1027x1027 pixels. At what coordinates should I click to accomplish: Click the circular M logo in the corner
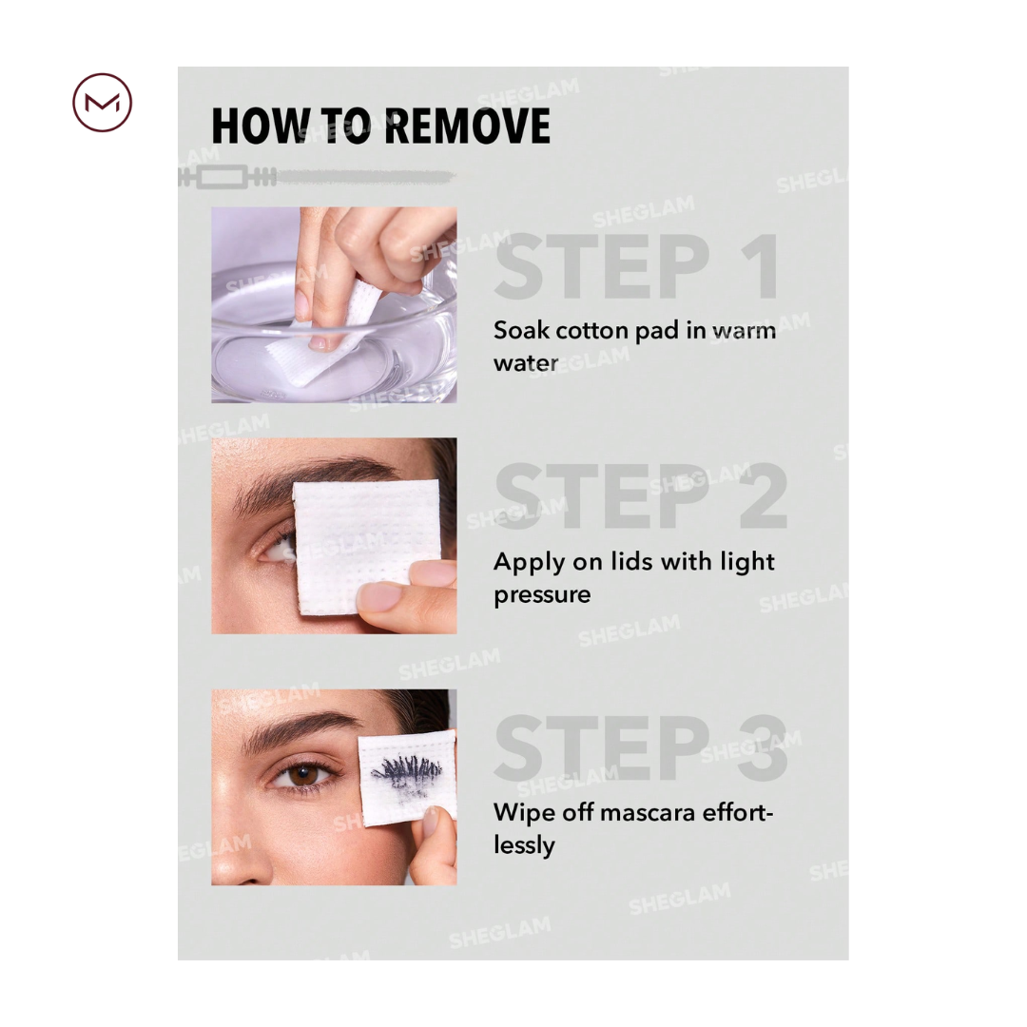point(102,103)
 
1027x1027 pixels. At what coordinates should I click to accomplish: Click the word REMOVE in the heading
point(467,126)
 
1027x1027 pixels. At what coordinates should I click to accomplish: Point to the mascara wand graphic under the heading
point(317,177)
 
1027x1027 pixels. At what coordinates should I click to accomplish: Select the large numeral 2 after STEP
point(763,495)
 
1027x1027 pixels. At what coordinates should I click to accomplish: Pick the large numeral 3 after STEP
point(764,747)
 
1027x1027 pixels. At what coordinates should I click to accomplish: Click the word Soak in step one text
point(521,330)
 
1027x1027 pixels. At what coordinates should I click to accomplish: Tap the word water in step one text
point(526,363)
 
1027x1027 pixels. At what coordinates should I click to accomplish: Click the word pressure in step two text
point(542,595)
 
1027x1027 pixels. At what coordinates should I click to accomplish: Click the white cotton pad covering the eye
point(366,547)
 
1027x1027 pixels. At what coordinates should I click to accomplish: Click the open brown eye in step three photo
point(302,774)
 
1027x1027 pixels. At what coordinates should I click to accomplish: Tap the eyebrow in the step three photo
point(302,728)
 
